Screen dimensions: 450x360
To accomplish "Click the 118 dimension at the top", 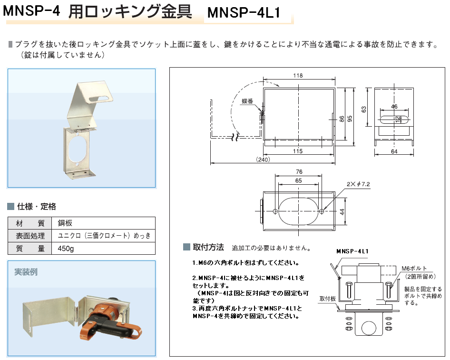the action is coord(298,76).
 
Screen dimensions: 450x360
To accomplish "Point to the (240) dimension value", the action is coord(263,160).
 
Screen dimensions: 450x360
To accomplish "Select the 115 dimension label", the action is coord(298,151).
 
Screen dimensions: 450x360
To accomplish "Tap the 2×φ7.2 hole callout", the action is coord(358,184).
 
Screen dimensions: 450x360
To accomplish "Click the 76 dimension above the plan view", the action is coord(299,172).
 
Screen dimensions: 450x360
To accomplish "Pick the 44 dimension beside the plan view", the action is coord(342,212).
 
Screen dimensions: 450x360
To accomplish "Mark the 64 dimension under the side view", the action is coord(394,151).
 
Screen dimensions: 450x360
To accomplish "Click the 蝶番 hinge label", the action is coord(247,101).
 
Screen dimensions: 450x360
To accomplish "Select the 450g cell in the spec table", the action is coord(66,249).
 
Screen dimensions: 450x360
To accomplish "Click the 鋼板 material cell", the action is coord(65,223).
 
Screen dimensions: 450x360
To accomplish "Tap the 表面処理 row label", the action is coord(30,236).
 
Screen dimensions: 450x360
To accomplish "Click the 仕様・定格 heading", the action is coord(37,206).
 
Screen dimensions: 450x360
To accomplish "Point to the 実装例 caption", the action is coord(26,272).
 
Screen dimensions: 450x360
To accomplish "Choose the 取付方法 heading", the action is coord(208,247).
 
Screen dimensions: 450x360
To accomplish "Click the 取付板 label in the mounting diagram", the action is coord(327,299).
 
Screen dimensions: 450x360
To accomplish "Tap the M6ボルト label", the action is coord(414,269).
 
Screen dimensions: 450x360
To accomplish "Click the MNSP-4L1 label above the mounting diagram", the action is coord(352,251).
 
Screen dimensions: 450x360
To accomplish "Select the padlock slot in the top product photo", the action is coord(99,99).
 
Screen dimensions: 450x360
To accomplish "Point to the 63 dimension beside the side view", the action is coord(364,110).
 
